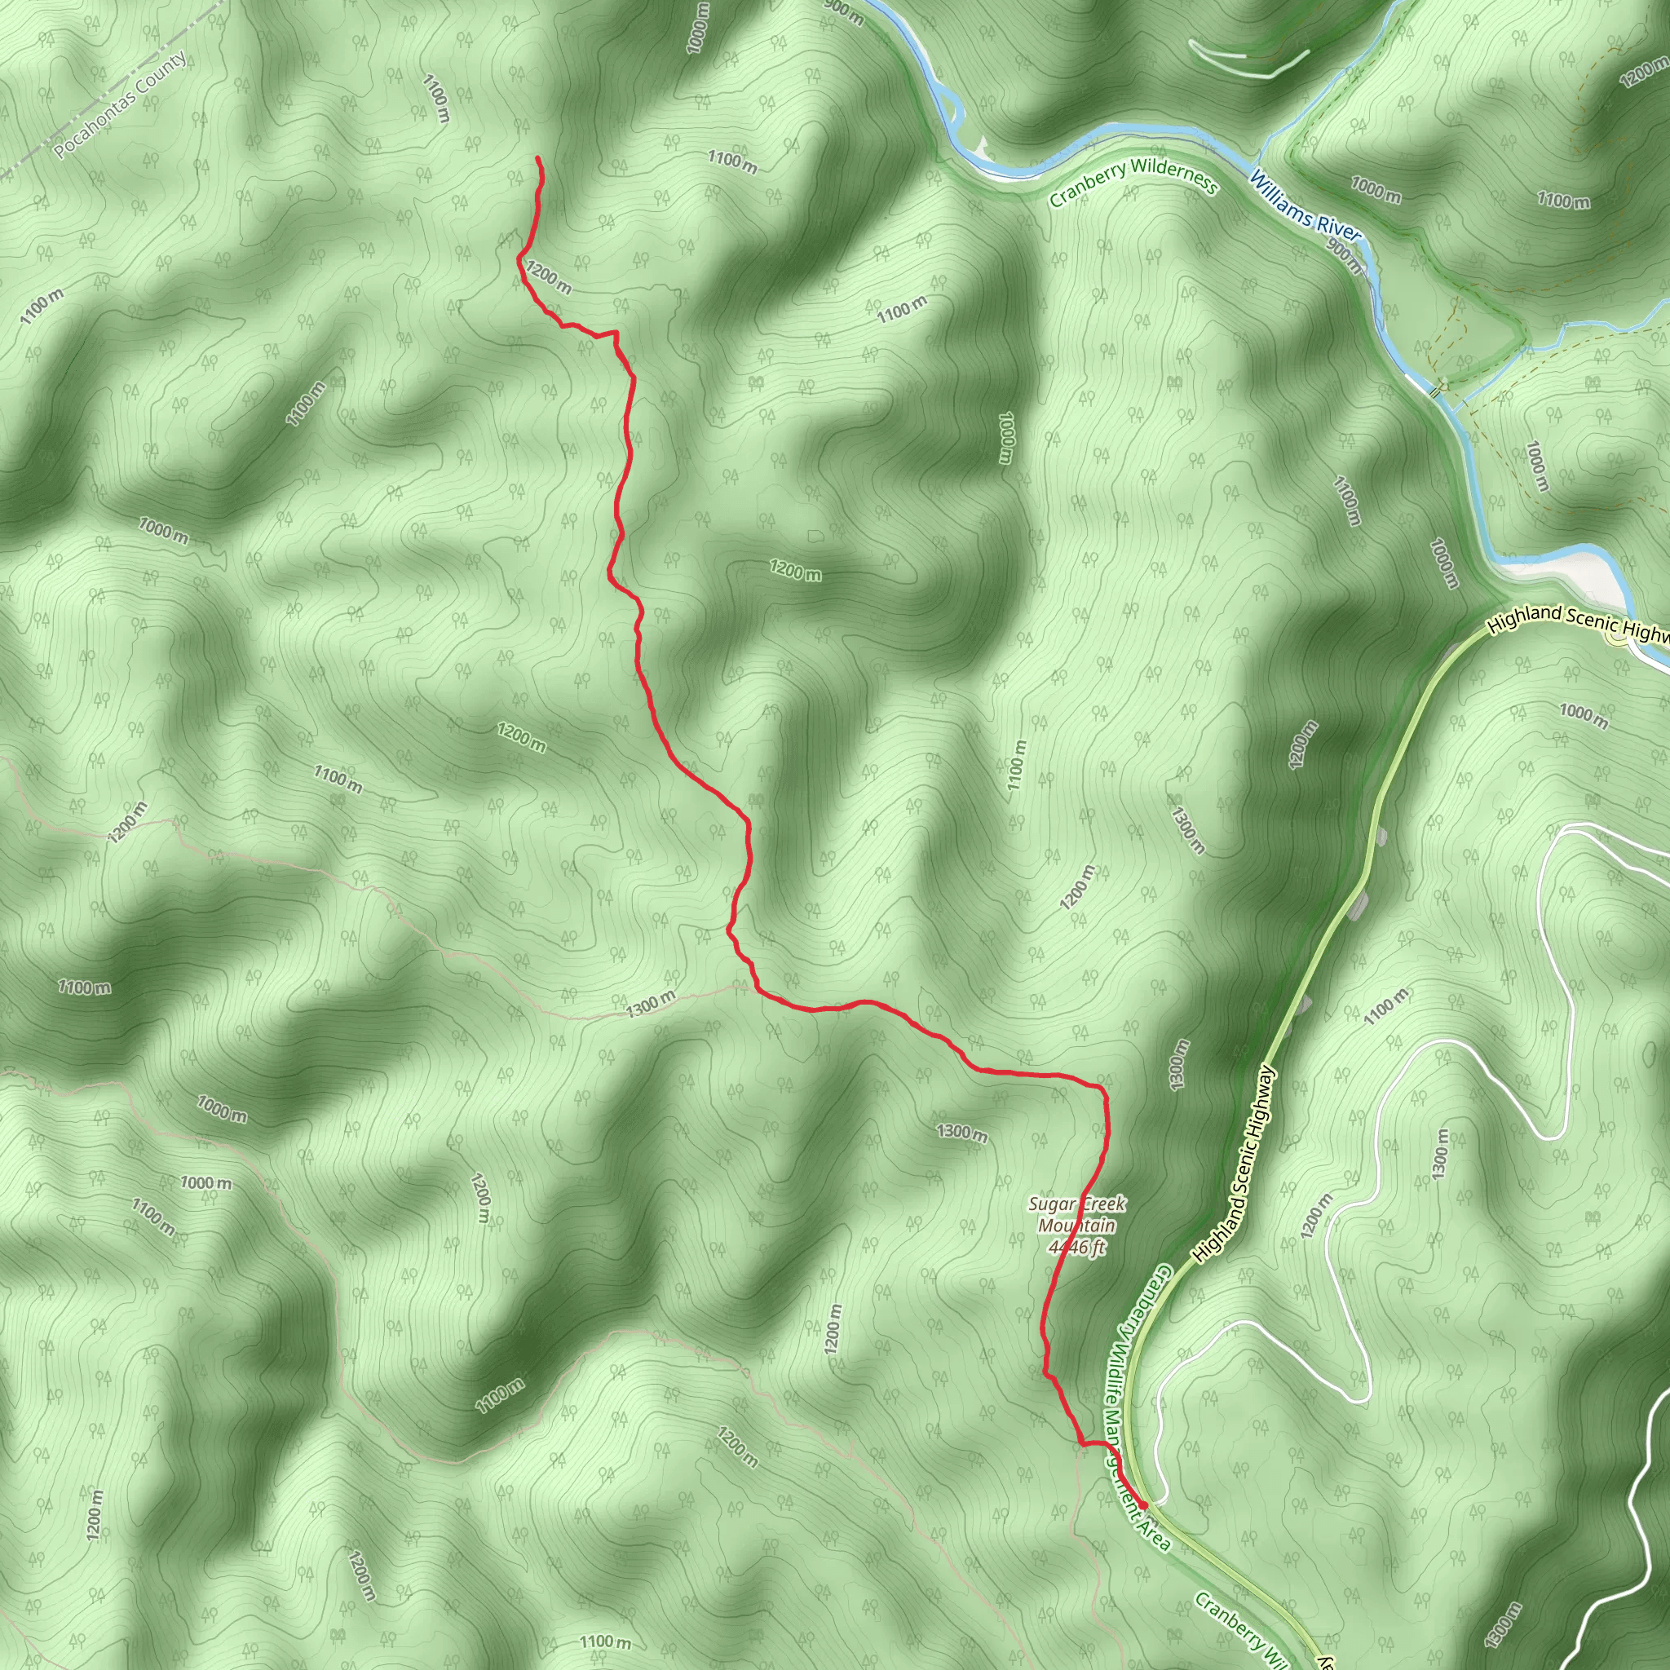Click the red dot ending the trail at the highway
pos(1142,1506)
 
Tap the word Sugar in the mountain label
pos(1049,1204)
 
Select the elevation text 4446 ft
pos(1076,1248)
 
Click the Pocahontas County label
pos(120,105)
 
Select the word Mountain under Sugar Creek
pos(1077,1226)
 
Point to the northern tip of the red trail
pos(537,158)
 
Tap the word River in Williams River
pos(1336,226)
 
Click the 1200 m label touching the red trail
pos(548,277)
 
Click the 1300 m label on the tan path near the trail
pos(650,1004)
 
